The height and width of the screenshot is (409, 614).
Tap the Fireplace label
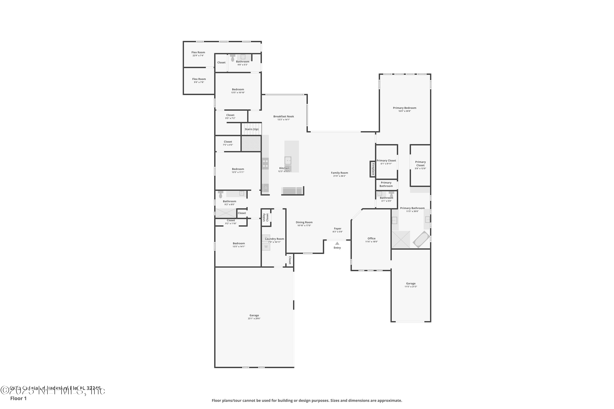tap(373, 169)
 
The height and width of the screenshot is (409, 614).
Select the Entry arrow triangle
tap(337, 243)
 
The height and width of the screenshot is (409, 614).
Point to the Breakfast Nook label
tap(283, 117)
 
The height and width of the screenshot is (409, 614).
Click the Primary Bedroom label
tap(404, 108)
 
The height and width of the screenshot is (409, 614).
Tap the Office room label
tap(371, 239)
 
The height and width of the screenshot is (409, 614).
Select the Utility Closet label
tap(265, 217)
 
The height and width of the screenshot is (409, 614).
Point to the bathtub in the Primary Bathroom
tap(421, 239)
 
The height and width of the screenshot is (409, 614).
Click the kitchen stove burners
tap(265, 164)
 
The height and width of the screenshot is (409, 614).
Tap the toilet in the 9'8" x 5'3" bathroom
tap(233, 58)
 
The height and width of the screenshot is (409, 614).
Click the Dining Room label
tap(304, 222)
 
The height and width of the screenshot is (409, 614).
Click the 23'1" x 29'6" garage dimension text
tap(254, 318)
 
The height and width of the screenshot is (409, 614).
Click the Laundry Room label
tap(274, 239)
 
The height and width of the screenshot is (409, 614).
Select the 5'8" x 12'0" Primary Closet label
tap(420, 164)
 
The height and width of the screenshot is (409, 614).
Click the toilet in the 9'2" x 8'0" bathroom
tap(221, 194)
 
